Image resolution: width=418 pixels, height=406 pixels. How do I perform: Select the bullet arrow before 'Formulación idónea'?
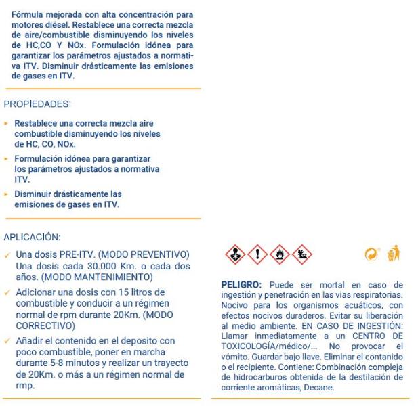7,158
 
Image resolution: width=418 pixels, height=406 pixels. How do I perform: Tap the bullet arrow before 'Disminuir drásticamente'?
7,193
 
